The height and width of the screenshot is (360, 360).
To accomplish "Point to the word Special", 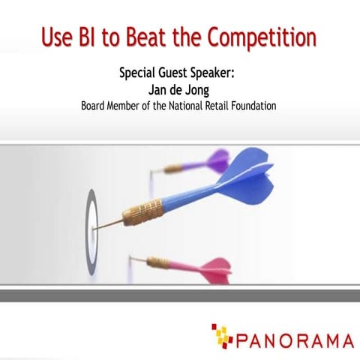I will (x=140, y=74).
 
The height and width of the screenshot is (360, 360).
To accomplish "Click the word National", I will (x=187, y=106).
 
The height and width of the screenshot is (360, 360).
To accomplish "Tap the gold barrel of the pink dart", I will (x=159, y=262).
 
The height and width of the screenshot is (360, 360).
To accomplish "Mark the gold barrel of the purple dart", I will (x=174, y=169).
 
